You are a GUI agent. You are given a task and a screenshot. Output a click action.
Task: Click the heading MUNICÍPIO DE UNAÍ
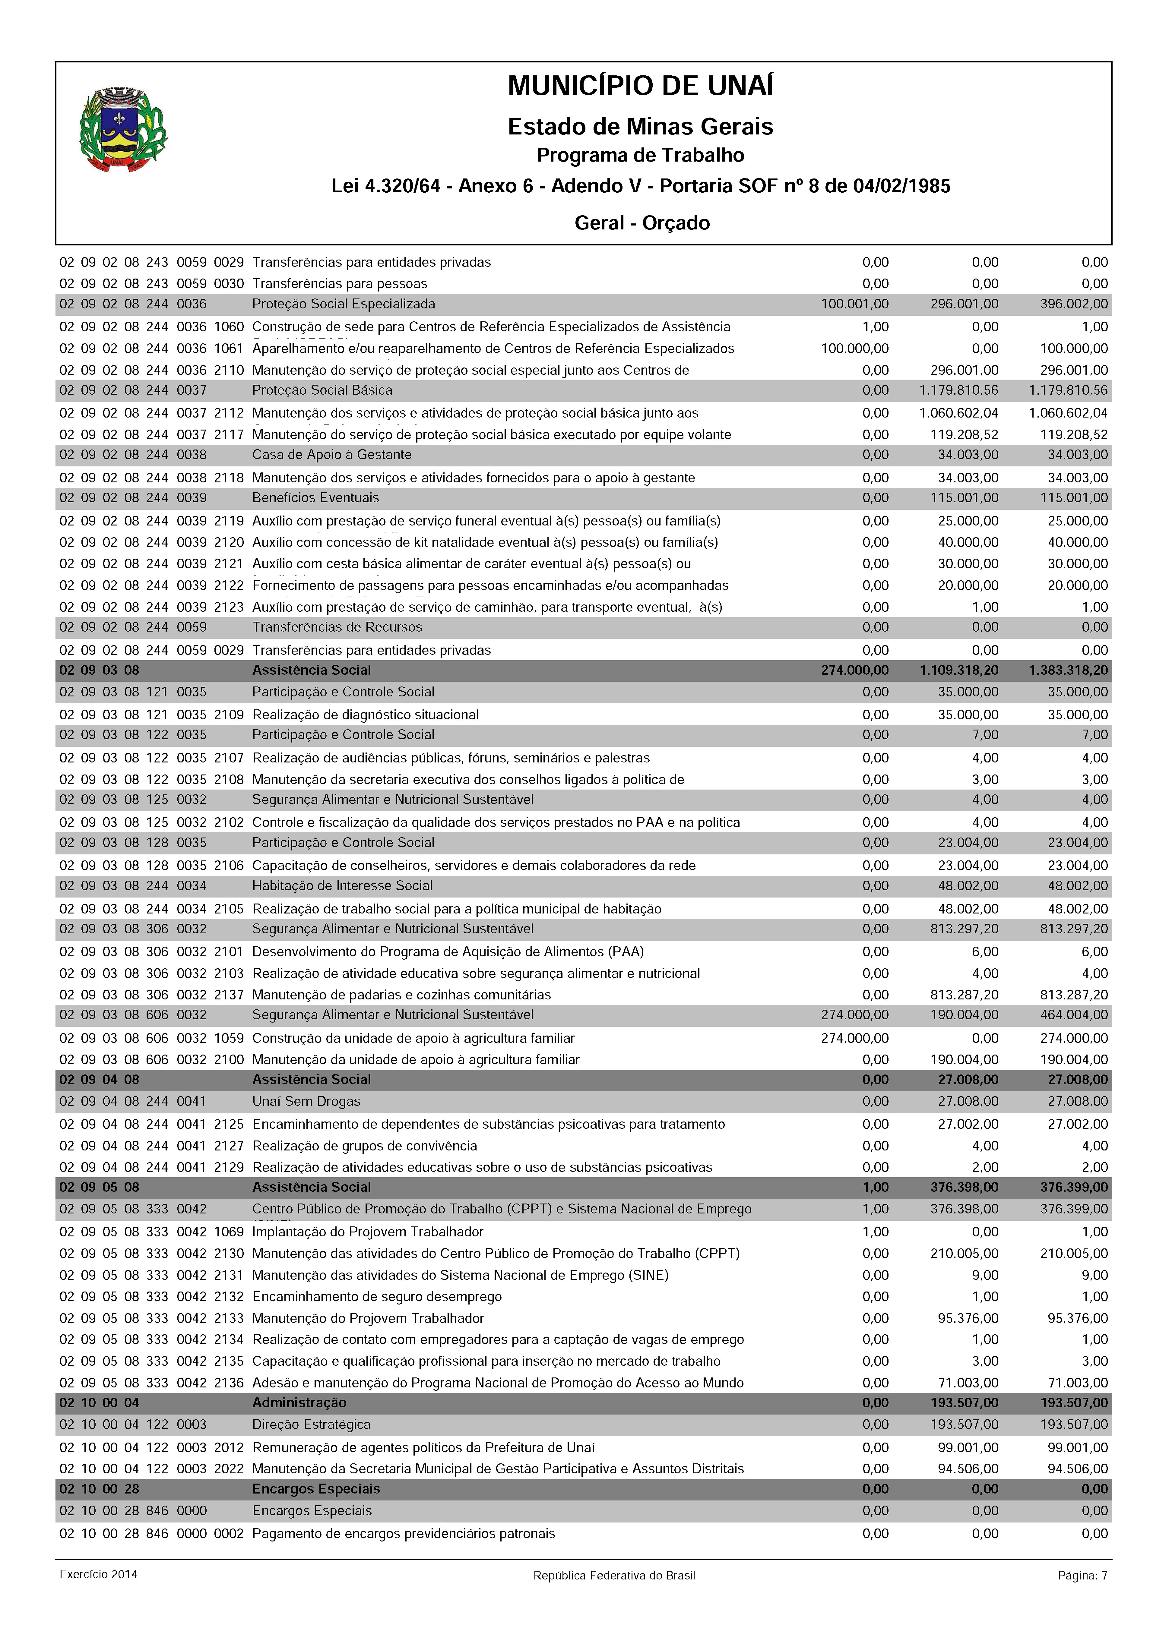(x=641, y=86)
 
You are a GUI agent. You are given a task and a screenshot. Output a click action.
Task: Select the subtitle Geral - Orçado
(x=642, y=223)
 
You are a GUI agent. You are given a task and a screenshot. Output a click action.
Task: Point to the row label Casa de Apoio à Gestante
(x=332, y=455)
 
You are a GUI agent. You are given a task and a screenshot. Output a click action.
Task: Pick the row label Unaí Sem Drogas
(x=306, y=1102)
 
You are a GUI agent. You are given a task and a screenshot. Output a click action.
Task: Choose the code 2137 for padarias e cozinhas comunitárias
(x=229, y=995)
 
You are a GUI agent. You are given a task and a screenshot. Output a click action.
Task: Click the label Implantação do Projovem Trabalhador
(x=368, y=1232)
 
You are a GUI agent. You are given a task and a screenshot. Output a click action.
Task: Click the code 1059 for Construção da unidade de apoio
(x=229, y=1038)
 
